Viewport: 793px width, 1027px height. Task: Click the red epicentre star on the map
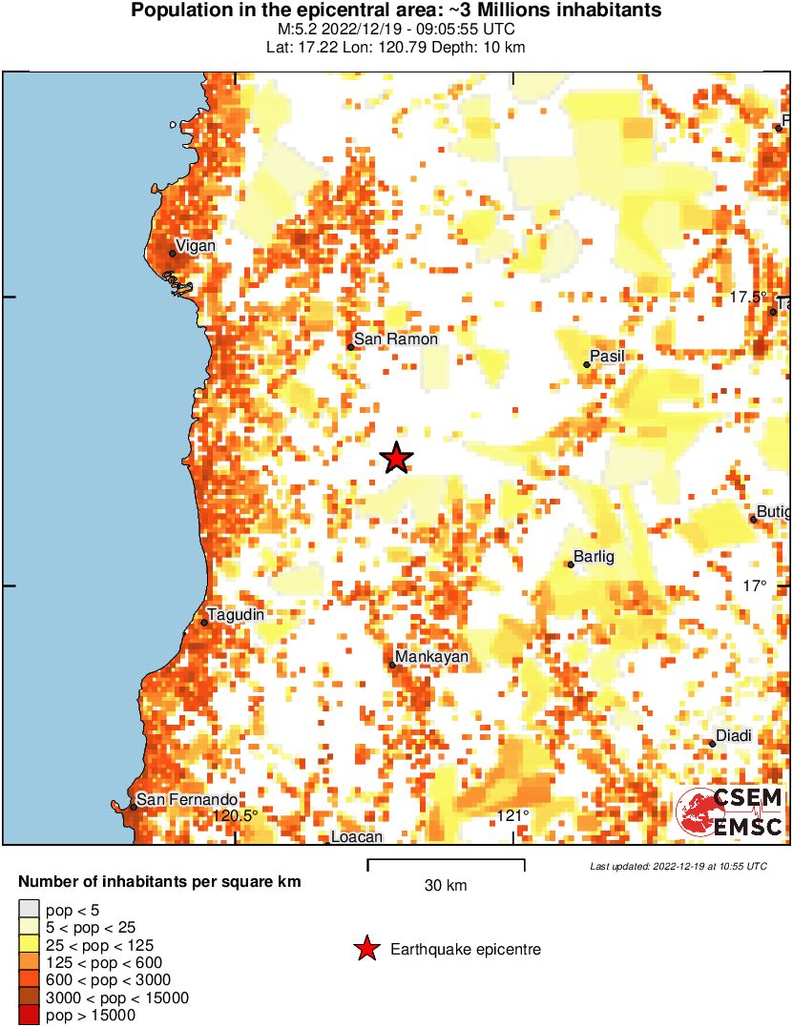point(397,459)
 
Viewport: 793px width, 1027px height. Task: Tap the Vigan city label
point(196,246)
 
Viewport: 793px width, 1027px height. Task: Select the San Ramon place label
point(395,339)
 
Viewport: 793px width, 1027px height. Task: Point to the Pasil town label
point(608,357)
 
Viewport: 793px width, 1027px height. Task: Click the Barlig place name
point(594,557)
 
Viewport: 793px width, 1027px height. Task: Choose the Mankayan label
point(432,658)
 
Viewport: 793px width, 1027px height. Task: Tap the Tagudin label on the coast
point(236,615)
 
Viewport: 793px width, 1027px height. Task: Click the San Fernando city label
point(186,800)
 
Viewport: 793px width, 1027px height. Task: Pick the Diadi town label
point(734,735)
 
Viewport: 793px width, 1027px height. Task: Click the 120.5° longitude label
point(235,815)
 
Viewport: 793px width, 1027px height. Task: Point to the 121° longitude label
point(513,815)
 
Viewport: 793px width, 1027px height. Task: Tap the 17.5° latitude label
point(748,298)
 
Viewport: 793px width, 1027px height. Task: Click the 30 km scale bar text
point(446,886)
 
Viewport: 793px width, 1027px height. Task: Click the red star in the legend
point(366,949)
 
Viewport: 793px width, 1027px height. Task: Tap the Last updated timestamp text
point(678,866)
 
